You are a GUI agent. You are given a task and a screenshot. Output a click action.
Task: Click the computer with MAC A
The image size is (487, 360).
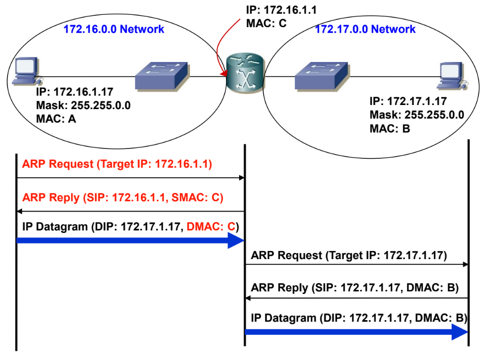click(28, 72)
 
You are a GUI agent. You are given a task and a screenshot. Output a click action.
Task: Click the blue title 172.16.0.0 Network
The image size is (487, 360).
click(114, 29)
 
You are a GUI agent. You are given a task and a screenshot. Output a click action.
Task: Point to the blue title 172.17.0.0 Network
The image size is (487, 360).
click(365, 29)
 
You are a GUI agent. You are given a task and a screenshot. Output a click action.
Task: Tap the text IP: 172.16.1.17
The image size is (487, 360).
click(75, 93)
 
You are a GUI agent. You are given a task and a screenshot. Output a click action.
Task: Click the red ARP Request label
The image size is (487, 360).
click(117, 165)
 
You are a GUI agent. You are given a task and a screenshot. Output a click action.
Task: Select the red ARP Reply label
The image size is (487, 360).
click(122, 198)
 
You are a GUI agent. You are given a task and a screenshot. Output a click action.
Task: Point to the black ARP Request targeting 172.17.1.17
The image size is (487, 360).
click(349, 255)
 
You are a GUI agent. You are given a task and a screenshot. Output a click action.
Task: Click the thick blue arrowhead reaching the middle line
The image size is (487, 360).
click(235, 240)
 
